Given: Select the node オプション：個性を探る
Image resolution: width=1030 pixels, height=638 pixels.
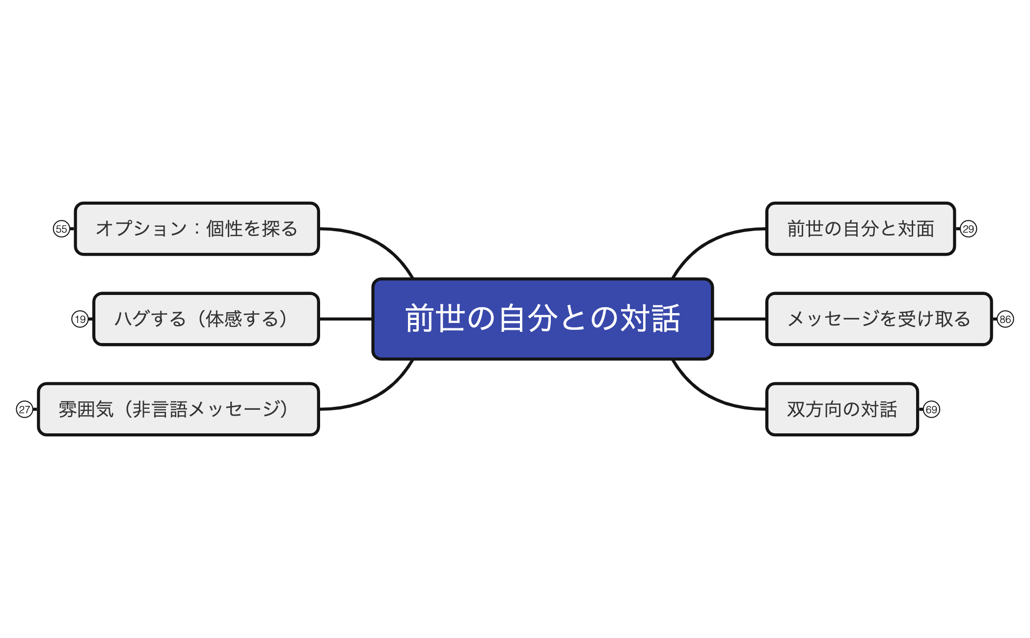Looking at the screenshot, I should click(197, 229).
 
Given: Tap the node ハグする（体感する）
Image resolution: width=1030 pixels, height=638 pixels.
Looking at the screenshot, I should click(206, 319).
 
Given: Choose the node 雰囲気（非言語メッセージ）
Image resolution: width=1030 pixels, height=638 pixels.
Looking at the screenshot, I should click(179, 409).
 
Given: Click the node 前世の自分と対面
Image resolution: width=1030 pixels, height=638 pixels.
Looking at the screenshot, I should click(860, 229).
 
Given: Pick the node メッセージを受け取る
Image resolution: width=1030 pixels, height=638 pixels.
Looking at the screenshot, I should click(879, 319).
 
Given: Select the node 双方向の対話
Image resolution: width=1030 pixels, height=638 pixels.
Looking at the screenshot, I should click(842, 409).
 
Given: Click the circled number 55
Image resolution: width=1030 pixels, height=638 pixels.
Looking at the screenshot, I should click(61, 229).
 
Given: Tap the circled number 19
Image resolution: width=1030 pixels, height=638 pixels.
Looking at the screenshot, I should click(80, 319).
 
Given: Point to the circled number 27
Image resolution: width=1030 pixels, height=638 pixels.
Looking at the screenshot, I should click(25, 409).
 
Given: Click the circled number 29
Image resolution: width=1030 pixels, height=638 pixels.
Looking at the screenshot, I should click(968, 229).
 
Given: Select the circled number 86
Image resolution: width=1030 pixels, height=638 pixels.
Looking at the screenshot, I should click(1005, 319).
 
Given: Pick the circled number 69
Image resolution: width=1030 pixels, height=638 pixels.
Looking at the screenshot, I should click(931, 409).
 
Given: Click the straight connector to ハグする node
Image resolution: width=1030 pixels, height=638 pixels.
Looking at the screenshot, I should click(346, 319).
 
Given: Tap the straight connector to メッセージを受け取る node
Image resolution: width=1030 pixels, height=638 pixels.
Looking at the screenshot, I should click(739, 319).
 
